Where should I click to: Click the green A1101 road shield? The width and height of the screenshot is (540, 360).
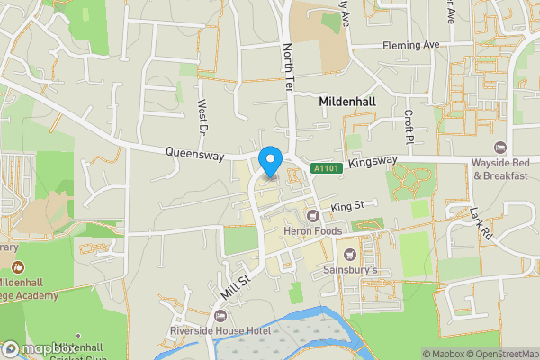coord(326,168)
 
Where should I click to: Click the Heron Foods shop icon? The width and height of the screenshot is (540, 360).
coord(313,216)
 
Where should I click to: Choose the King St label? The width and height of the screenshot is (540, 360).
coord(346,207)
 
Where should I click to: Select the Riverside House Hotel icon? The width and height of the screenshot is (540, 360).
coord(221,316)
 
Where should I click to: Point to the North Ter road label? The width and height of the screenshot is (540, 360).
coord(288,63)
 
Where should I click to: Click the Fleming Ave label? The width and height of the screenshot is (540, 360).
coord(409,45)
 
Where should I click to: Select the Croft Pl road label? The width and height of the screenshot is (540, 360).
coord(408,127)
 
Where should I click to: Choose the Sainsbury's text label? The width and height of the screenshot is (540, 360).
coord(351,269)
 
